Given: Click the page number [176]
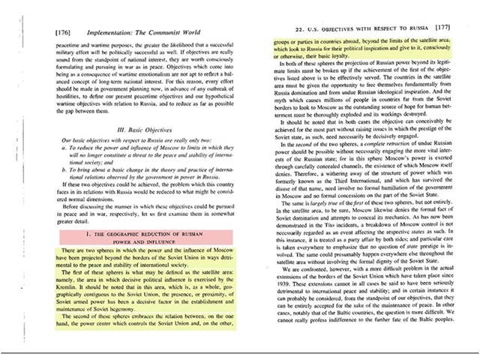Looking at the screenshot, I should [63, 34].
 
